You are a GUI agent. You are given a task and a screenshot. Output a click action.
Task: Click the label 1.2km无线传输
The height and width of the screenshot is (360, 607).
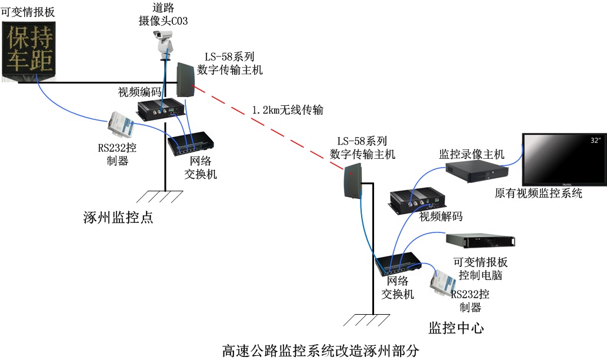pyautogui.click(x=287, y=110)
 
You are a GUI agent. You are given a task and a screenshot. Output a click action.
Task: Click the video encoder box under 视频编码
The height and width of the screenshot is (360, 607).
pyautogui.click(x=161, y=108)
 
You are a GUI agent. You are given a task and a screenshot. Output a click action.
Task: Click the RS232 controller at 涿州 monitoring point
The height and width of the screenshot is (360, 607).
pyautogui.click(x=122, y=124)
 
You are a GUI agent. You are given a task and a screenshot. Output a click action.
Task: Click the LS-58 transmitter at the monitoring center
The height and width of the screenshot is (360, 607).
pyautogui.click(x=351, y=180)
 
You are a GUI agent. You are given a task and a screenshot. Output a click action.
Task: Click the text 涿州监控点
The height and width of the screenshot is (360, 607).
pyautogui.click(x=118, y=218)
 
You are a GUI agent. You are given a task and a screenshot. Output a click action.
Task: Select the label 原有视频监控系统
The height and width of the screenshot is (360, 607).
pyautogui.click(x=538, y=194)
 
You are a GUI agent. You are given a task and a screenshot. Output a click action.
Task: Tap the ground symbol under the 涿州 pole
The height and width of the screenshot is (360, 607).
pyautogui.click(x=162, y=196)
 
